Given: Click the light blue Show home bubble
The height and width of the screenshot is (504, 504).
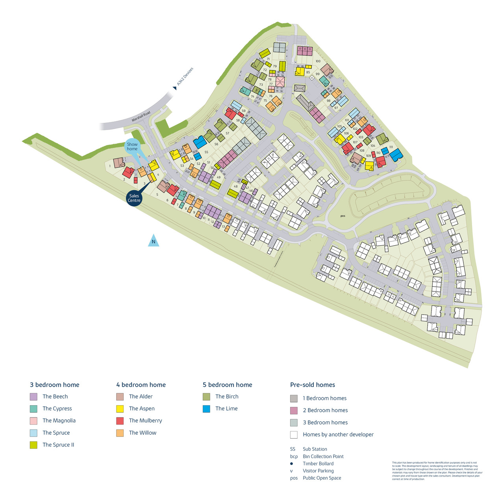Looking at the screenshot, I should [x=132, y=146].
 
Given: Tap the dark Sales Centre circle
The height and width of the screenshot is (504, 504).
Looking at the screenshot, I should [x=134, y=198].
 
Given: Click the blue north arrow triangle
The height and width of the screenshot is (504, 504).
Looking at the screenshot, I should [x=154, y=241].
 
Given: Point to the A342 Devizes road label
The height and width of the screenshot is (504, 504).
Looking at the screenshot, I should [x=185, y=77].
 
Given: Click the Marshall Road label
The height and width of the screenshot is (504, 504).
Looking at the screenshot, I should [x=141, y=117].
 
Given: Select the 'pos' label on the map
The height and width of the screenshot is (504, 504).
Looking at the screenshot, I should [x=343, y=216].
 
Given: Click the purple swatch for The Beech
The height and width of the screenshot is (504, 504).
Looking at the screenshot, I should [x=33, y=397].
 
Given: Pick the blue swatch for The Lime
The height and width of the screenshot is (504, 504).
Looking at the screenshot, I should [x=206, y=409].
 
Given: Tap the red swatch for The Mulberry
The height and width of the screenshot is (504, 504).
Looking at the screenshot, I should [x=120, y=421].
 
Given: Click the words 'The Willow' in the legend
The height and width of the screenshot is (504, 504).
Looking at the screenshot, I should [x=143, y=433].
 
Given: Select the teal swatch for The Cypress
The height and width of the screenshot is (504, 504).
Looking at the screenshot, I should [x=33, y=409].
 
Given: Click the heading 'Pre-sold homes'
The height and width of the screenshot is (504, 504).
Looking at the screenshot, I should [x=313, y=385].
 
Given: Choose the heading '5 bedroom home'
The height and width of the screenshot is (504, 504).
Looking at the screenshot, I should [x=228, y=385].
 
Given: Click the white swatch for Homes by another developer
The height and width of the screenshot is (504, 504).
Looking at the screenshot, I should [x=294, y=435].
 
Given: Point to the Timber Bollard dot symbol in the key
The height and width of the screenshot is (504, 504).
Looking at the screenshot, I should [x=292, y=464].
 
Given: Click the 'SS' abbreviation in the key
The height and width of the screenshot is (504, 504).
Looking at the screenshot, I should [x=293, y=449].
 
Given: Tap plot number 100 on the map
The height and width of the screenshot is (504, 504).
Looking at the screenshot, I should [x=318, y=61].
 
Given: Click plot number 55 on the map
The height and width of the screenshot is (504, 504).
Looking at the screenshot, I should [x=206, y=152].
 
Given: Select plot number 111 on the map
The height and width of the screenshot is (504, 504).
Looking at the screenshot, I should [x=391, y=147].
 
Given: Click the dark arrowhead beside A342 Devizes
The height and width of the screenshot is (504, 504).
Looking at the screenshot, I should [x=174, y=88].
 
